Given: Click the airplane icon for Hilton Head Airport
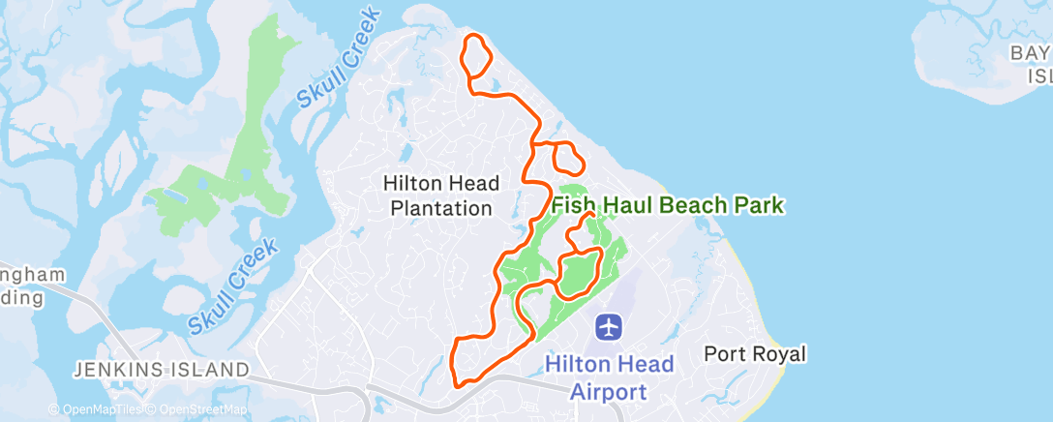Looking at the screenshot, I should click(x=609, y=327).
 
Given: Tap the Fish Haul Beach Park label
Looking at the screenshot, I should click(x=667, y=205).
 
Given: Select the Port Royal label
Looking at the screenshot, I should click(x=755, y=354).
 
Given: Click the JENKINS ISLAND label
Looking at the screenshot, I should click(x=163, y=369).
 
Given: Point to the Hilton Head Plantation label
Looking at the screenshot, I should click(x=441, y=195).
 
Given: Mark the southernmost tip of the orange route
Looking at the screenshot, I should click(x=457, y=384).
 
